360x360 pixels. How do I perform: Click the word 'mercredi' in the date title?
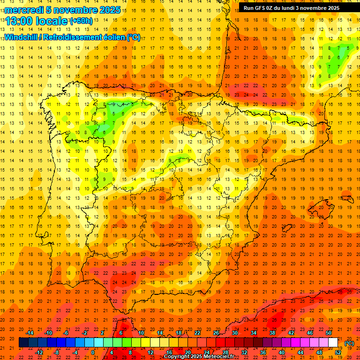24,10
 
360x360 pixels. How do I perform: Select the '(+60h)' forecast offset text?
81,21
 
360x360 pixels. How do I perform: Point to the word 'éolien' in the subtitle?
112,37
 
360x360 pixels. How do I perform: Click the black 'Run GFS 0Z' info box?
298,7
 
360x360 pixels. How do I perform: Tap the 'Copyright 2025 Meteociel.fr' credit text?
199,356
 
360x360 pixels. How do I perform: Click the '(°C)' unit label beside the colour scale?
349,343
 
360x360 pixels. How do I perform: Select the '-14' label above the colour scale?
30,333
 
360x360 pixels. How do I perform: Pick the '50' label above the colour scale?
329,333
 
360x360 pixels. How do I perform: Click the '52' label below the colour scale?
337,352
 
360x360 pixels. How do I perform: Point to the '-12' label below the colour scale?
39,352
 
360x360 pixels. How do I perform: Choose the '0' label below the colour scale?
93,352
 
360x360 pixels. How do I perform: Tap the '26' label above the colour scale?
216,333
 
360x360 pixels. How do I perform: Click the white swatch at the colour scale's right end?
333,343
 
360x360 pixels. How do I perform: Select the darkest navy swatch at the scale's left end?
23,343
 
